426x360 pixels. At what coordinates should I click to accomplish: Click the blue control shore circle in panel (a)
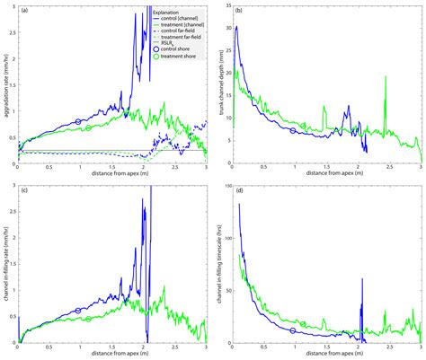[x=78, y=120]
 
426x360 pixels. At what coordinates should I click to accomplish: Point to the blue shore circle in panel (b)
[x=292, y=130]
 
